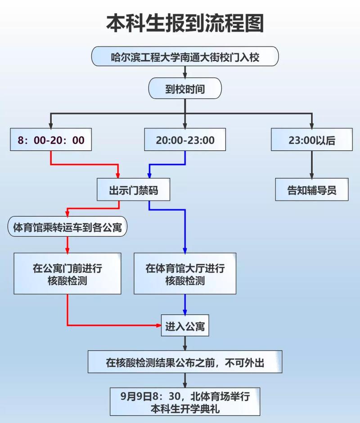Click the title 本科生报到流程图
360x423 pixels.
185,23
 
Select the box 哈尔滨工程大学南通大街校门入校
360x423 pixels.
185,57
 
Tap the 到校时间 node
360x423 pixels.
185,89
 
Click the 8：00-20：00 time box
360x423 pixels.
51,140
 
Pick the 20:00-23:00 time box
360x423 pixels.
185,140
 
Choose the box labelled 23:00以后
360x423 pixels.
312,140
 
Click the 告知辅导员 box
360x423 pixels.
312,190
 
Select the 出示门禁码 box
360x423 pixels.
134,190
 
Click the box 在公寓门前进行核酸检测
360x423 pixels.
67,274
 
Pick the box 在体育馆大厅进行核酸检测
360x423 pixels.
185,274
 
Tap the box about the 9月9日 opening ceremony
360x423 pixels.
185,402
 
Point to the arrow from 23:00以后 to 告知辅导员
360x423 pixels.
312,165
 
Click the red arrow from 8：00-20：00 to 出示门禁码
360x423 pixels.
85,164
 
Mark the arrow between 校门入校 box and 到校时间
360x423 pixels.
185,72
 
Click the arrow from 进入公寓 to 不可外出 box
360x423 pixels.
185,342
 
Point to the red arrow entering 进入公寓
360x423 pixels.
112,324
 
